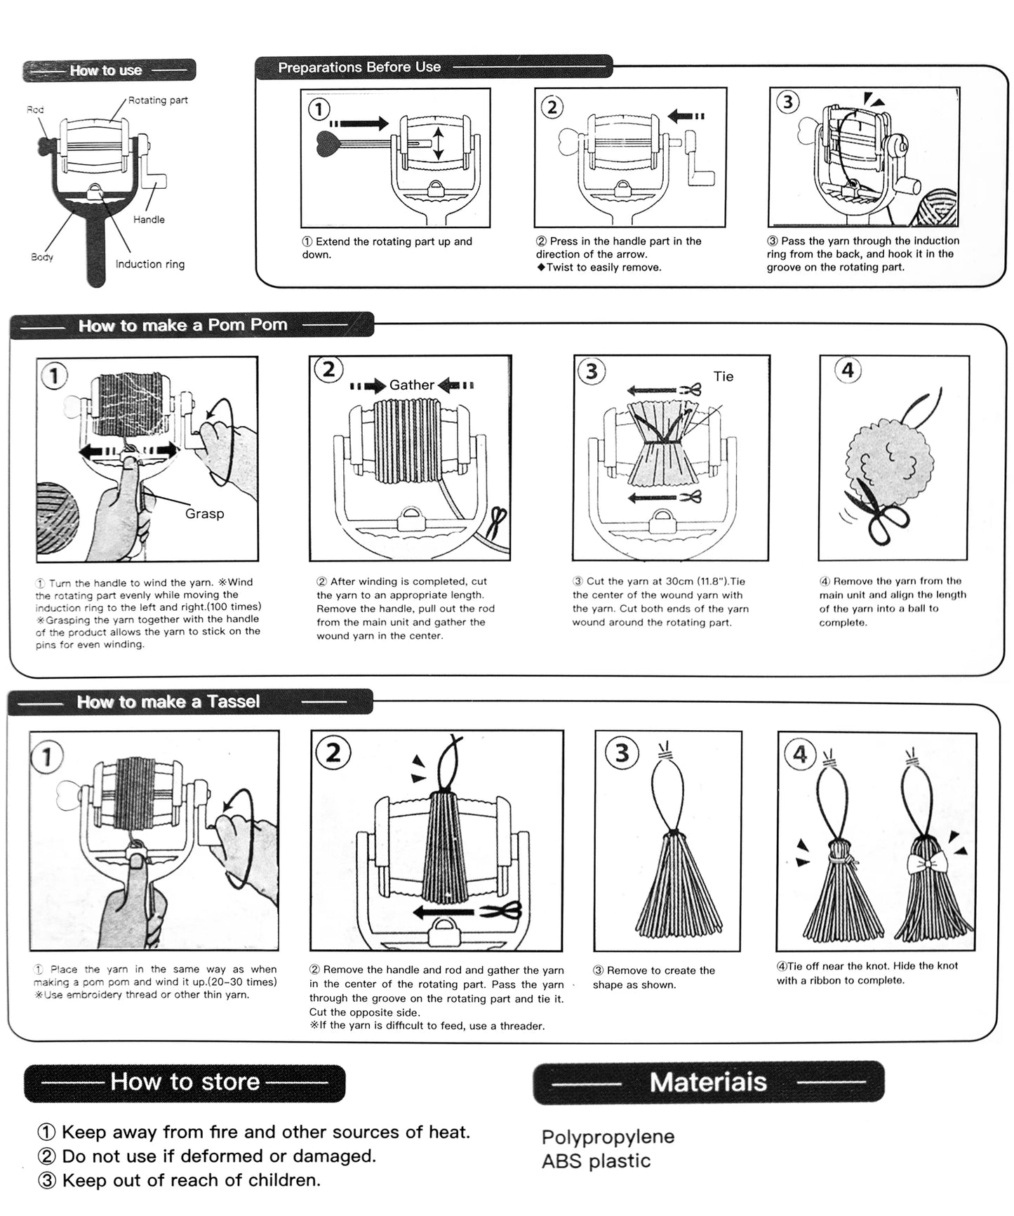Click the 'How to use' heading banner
(109, 70)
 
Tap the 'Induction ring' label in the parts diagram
(149, 264)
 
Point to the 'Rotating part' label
(158, 100)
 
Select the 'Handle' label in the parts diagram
(149, 220)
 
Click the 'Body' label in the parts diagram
(42, 257)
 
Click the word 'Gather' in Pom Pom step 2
(412, 385)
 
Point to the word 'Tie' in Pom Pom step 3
(723, 376)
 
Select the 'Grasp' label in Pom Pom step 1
(204, 513)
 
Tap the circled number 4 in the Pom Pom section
(848, 370)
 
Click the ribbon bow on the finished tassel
(926, 863)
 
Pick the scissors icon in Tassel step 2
(502, 911)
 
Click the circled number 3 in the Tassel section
(622, 753)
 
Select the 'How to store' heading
(185, 1082)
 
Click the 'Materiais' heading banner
(708, 1082)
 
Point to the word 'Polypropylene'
(608, 1137)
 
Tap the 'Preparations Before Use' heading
(359, 67)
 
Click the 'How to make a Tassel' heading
(168, 701)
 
